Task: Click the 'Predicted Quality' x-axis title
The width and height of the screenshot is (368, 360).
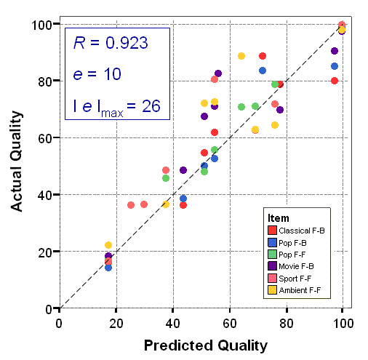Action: coord(205,344)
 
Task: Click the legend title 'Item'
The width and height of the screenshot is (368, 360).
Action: coord(278,218)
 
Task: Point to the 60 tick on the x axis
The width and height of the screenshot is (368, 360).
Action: coord(229,322)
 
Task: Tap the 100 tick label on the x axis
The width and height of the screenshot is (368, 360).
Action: coord(343,322)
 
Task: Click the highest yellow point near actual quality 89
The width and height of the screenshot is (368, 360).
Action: coord(241,56)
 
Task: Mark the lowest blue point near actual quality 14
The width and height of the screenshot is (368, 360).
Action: coord(108,268)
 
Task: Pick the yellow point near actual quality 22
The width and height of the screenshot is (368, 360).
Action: coord(108,245)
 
